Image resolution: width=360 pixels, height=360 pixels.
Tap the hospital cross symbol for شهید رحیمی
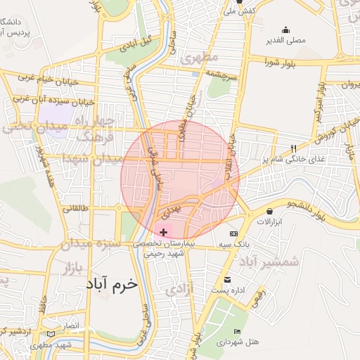pos(164,232)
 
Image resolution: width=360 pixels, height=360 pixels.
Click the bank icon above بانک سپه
pos(233,233)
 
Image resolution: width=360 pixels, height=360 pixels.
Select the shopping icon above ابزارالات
pos(270,211)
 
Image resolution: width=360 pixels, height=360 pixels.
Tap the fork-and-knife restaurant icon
pos(293,148)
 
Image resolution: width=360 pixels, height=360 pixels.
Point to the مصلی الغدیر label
pos(285,40)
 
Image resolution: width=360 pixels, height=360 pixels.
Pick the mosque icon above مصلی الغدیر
pos(285,30)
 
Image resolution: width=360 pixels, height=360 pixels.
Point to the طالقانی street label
pos(76,209)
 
